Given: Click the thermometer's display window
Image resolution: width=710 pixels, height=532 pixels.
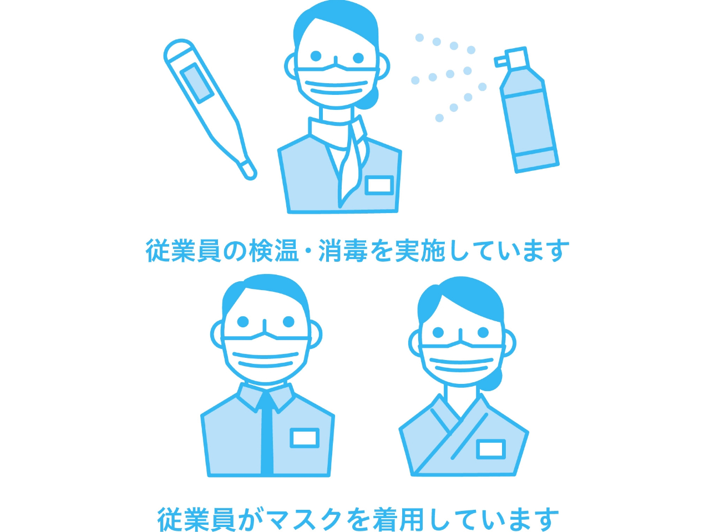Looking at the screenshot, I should [x=196, y=83].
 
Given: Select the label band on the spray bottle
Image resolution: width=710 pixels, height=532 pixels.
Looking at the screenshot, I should [x=536, y=159].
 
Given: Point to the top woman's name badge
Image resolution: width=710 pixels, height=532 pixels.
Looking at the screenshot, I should [x=379, y=185].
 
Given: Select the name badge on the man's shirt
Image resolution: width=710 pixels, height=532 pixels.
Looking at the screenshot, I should [x=305, y=438].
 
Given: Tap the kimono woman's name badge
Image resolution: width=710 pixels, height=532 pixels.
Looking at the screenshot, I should [x=491, y=449].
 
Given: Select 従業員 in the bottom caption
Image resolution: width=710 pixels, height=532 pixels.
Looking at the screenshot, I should [x=196, y=519].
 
